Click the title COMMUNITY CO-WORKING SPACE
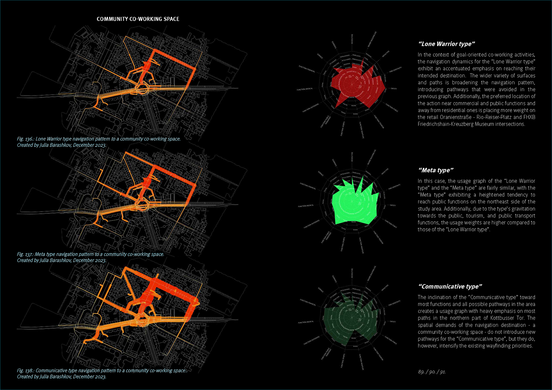138,19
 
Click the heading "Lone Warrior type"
446,44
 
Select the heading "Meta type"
436,170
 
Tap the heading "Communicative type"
450,287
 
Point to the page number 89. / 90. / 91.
432,372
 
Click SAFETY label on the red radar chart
394,89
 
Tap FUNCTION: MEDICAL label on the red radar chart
304,89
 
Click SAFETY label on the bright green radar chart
393,205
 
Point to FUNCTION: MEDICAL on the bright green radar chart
306,206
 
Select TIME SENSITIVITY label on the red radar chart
395,70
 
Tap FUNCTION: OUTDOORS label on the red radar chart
311,108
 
